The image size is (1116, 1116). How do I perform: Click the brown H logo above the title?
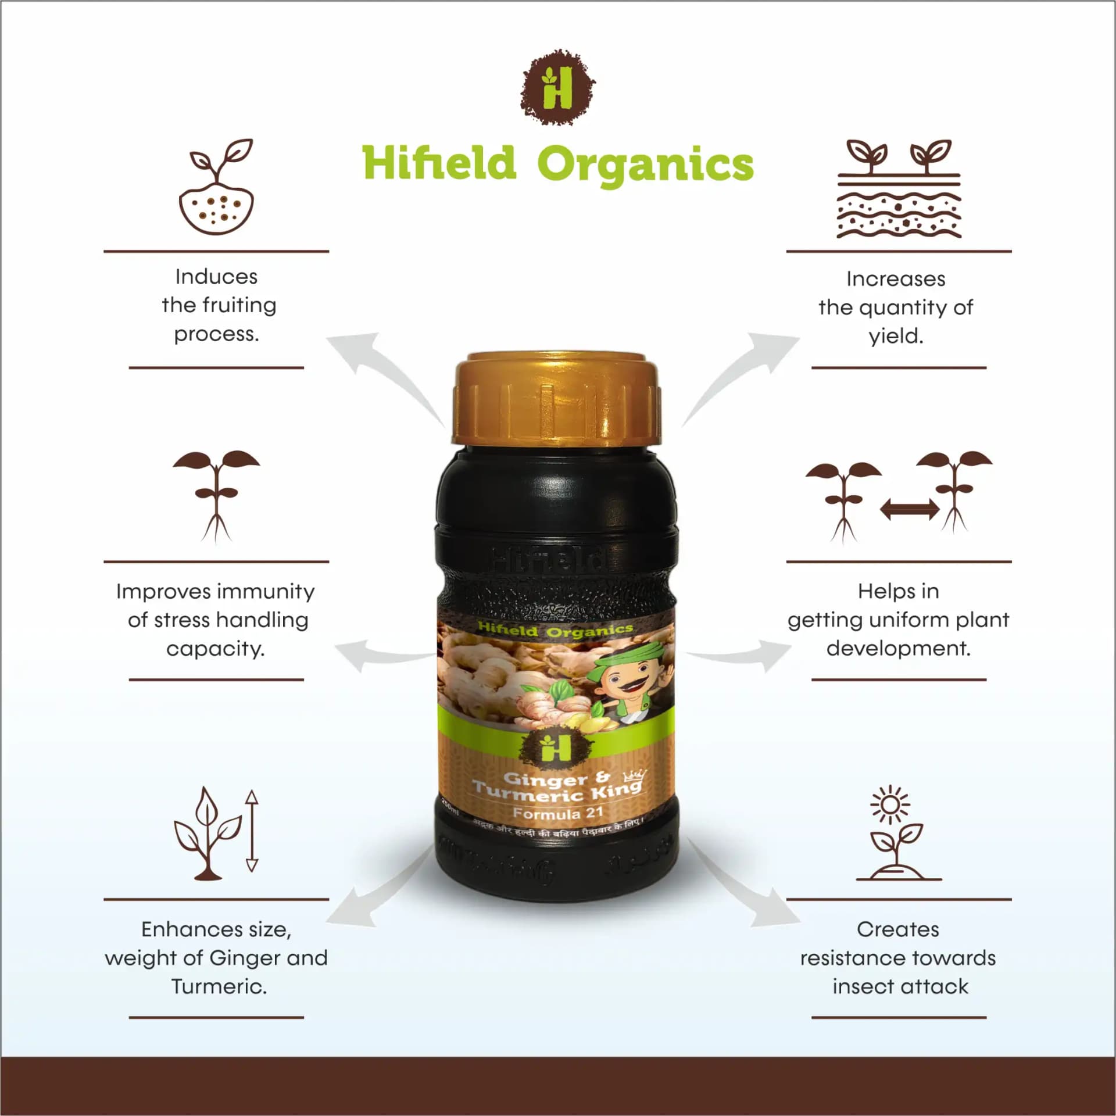tap(557, 88)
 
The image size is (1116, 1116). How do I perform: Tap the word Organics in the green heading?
tap(645, 164)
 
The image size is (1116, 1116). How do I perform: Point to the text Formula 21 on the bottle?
tap(557, 813)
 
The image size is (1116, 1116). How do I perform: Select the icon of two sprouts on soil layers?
tap(899, 189)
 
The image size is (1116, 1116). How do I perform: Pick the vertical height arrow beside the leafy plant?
tap(251, 831)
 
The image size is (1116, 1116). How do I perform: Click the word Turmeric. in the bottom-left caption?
tap(219, 986)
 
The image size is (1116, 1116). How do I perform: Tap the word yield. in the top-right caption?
tap(896, 337)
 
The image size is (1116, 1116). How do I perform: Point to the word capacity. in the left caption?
tap(216, 649)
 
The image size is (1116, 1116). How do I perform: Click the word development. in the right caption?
tap(899, 648)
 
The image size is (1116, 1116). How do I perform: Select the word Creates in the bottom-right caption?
tap(897, 929)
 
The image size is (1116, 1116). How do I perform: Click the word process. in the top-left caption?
tap(216, 334)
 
